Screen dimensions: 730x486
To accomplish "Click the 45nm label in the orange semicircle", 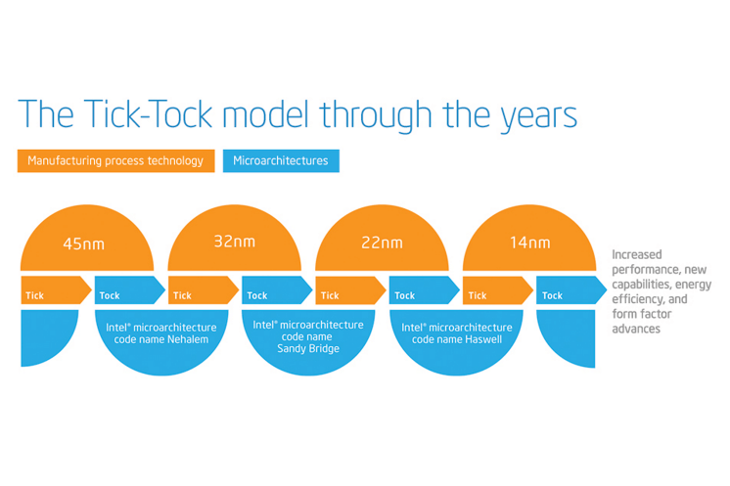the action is click(84, 243).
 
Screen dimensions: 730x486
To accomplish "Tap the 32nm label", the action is click(235, 242).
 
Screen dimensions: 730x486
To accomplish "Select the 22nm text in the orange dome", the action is click(383, 243).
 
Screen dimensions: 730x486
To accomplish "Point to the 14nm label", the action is click(529, 243).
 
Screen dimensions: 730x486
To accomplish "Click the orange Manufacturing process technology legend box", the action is click(115, 161).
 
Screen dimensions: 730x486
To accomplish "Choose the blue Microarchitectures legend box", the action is click(281, 161).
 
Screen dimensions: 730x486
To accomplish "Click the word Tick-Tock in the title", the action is click(149, 114).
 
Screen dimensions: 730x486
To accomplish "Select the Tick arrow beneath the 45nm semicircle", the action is click(56, 290).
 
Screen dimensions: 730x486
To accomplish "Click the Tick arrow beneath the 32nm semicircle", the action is click(204, 290).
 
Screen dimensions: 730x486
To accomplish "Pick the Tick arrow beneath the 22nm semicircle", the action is click(351, 290).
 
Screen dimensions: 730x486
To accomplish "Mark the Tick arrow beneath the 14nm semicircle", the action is click(498, 290).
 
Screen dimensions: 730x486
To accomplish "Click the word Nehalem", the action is click(188, 339).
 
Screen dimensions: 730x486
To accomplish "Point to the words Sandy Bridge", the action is click(308, 349).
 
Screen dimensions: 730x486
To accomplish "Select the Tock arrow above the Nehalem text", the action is click(130, 290).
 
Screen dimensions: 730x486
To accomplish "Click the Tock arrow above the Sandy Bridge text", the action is click(277, 290).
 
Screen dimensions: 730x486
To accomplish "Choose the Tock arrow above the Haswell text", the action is click(425, 290).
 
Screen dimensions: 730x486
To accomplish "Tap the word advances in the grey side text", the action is click(636, 329).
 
